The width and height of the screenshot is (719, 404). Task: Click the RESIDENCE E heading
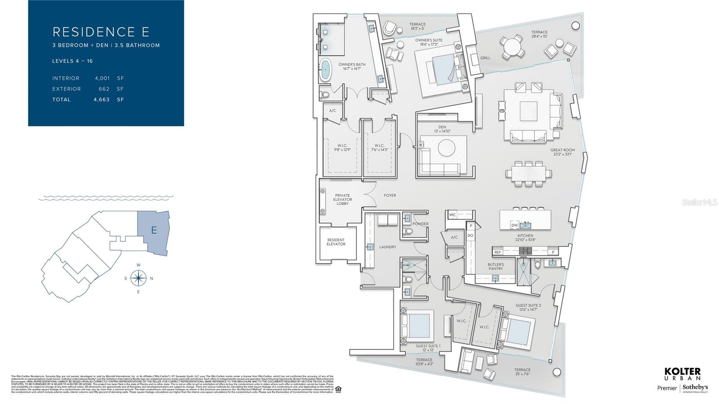[x=101, y=32]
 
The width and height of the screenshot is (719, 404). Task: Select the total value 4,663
[x=102, y=99]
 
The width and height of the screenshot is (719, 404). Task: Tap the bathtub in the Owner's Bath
[x=324, y=70]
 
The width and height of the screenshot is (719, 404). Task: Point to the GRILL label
[x=485, y=58]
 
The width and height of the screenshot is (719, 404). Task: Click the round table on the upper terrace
[x=512, y=46]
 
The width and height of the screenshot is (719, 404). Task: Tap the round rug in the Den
[x=446, y=148]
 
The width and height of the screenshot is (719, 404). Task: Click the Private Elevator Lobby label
[x=342, y=199]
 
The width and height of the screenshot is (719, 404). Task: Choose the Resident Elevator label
[x=336, y=242]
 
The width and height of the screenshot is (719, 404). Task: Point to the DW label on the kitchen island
[x=515, y=225]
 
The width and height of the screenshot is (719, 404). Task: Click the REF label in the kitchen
[x=497, y=252]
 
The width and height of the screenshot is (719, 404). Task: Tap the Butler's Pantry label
[x=496, y=266]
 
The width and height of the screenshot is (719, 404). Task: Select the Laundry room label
[x=387, y=247]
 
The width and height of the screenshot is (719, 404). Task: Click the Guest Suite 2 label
[x=528, y=307]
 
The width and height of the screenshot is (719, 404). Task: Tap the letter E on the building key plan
[x=154, y=230]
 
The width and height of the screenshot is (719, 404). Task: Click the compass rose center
[x=139, y=278]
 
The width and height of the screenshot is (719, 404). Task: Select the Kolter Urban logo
[x=682, y=374]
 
